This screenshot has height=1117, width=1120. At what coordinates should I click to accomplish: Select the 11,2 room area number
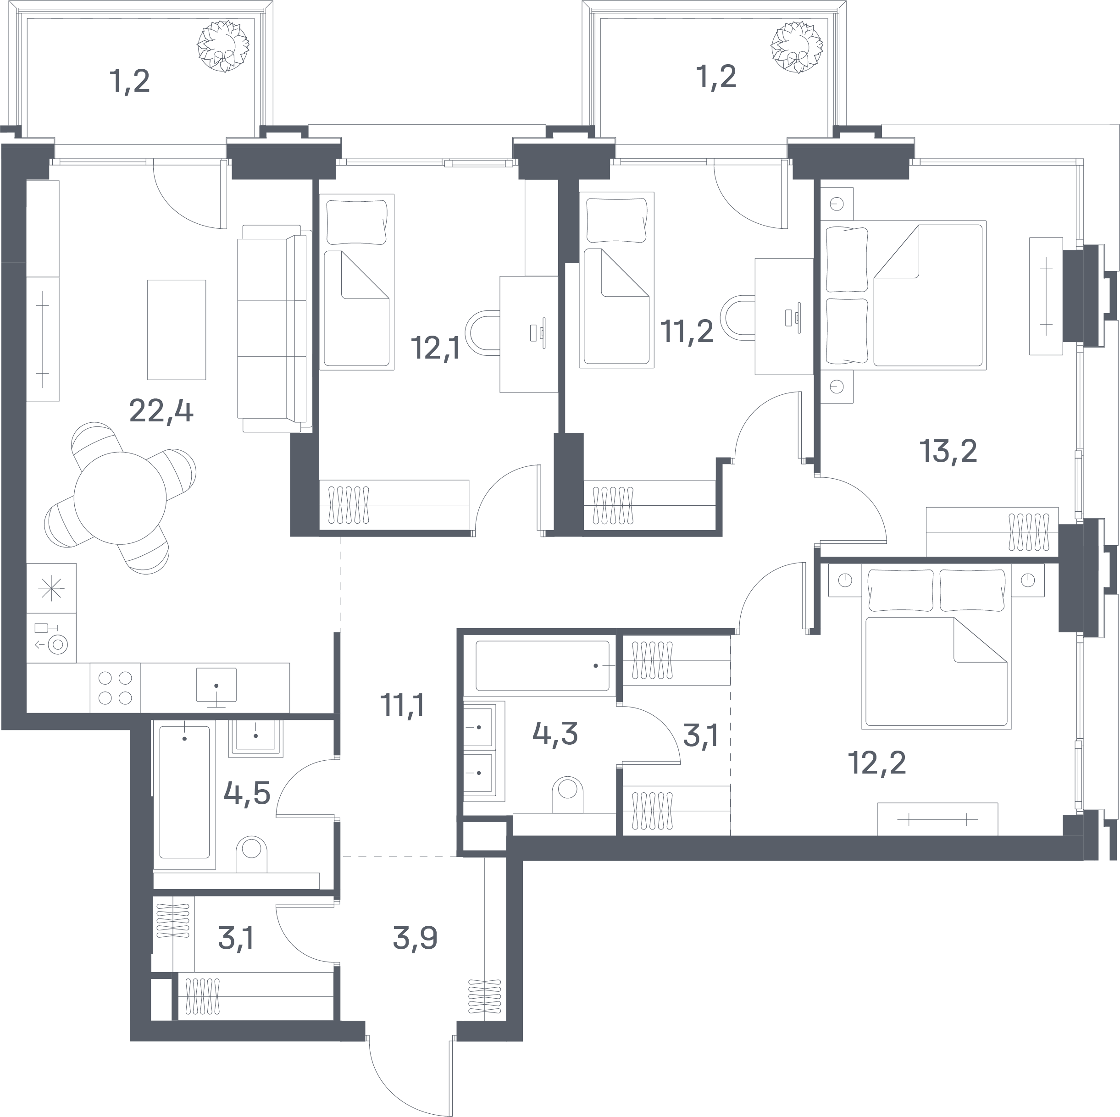(x=687, y=332)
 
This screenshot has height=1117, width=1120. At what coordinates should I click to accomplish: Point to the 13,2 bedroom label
(x=948, y=451)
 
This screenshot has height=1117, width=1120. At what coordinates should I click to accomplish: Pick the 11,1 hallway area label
(x=402, y=705)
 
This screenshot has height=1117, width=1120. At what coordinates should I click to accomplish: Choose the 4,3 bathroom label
(x=555, y=733)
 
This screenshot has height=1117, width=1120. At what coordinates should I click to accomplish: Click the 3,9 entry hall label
(x=415, y=937)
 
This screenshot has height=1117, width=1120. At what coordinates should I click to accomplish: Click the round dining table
(x=120, y=498)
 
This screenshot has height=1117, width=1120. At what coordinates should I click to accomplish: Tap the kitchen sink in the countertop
(x=216, y=685)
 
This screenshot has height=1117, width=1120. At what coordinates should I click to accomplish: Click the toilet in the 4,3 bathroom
(x=567, y=795)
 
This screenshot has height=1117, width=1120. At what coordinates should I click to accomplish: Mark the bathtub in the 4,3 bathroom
(x=543, y=665)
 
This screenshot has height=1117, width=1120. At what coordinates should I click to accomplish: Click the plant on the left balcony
(x=223, y=46)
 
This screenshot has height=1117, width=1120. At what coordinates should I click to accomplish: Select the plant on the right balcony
(x=797, y=48)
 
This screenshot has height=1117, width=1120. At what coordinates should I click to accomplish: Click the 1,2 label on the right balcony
(x=716, y=77)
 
